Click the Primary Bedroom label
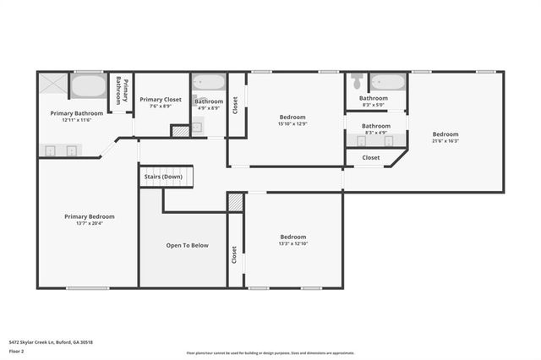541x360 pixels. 89,216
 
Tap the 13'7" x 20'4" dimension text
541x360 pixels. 89,224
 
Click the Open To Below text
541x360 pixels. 187,245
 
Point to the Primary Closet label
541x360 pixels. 161,99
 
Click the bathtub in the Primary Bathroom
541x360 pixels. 87,86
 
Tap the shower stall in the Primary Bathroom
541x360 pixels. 53,86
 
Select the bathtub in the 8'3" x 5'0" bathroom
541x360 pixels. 388,84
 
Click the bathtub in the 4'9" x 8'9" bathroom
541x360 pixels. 208,84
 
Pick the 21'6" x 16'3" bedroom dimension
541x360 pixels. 445,141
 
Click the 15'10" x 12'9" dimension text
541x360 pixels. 292,124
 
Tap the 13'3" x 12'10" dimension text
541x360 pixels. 292,244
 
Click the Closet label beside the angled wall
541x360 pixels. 371,157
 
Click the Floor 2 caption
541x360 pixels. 17,350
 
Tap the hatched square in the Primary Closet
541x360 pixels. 179,131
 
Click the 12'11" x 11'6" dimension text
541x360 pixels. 76,120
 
